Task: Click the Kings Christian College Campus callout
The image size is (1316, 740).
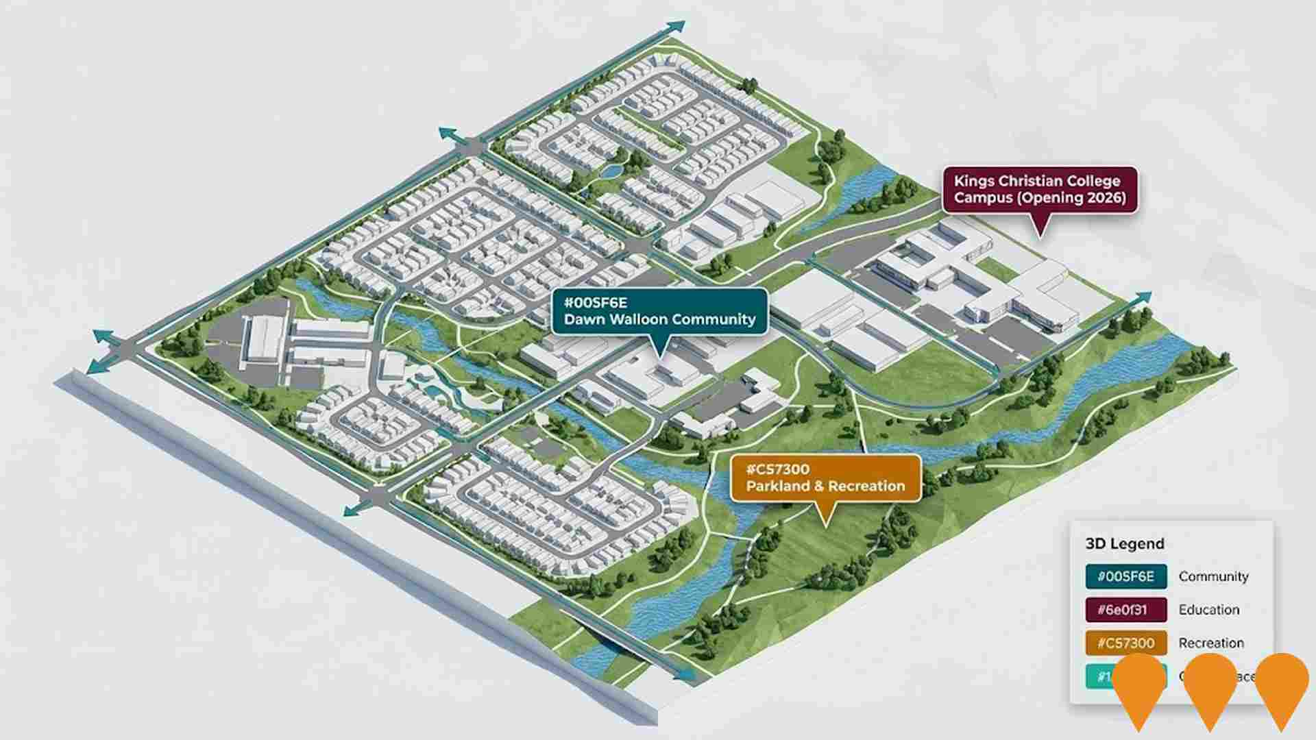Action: coord(1040,190)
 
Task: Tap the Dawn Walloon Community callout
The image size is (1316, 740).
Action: coord(659,312)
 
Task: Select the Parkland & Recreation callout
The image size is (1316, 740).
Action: coord(825,478)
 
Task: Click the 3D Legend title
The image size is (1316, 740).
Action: coord(1125,544)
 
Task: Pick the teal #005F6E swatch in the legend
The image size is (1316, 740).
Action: coord(1125,577)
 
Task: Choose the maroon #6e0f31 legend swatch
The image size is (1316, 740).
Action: coord(1125,610)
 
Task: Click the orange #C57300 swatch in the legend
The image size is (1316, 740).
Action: coord(1125,643)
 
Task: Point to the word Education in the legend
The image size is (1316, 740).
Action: coord(1209,610)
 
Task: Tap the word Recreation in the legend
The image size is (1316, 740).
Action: coord(1211,643)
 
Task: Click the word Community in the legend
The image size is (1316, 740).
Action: coord(1213,577)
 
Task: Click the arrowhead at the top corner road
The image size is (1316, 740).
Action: coord(677,27)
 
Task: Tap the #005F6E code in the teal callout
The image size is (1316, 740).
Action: coord(595,302)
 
